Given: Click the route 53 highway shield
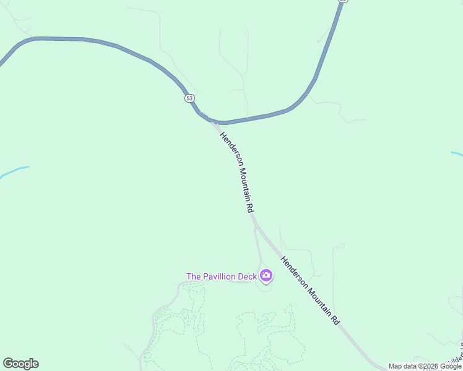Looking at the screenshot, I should [x=189, y=98].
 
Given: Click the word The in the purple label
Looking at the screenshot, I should [x=194, y=276].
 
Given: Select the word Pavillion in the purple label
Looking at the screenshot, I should [x=221, y=276].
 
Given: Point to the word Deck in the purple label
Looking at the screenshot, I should [x=248, y=276].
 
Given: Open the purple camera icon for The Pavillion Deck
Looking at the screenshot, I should [x=266, y=275].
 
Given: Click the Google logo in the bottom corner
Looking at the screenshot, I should [x=20, y=364].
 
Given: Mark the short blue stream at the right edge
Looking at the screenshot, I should [x=457, y=153].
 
